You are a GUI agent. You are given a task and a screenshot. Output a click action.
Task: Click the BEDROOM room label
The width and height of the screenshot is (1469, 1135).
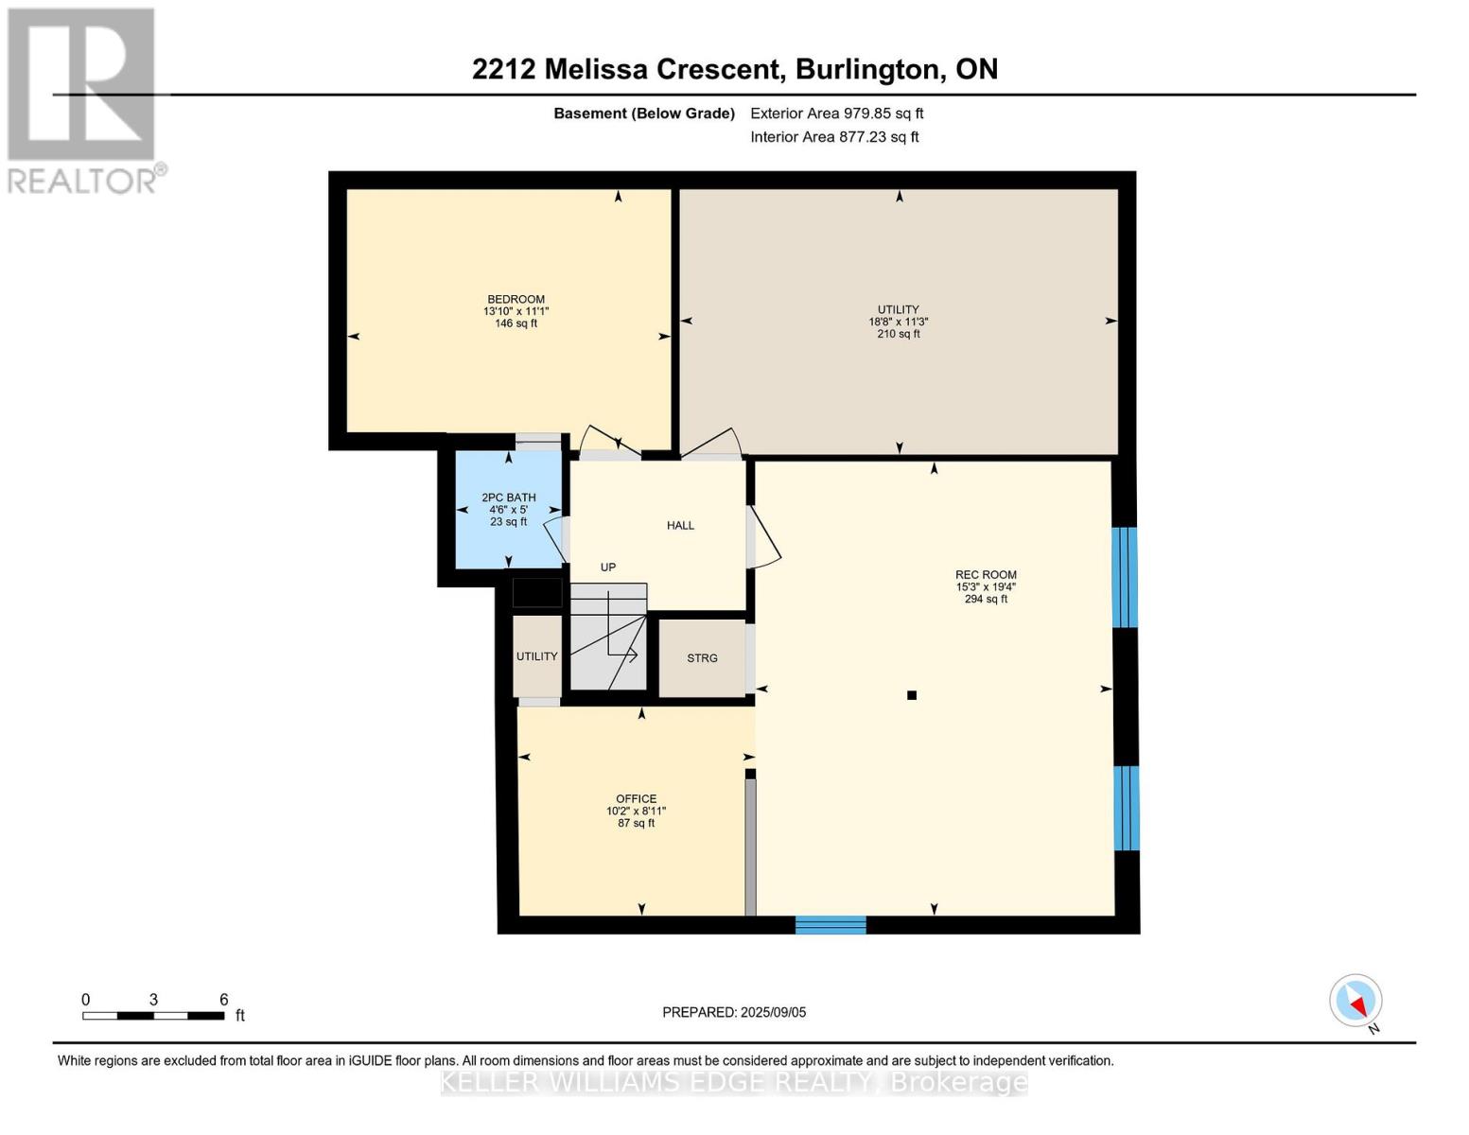coord(516,299)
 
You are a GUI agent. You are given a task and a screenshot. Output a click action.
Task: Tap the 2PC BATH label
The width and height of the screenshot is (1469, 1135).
coord(509,498)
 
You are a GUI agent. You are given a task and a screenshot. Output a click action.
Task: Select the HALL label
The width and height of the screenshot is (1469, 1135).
coord(680,526)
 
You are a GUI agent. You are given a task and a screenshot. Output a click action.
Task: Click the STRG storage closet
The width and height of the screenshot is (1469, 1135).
coord(702,658)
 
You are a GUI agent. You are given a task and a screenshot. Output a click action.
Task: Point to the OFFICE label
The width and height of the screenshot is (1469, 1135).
coord(636,799)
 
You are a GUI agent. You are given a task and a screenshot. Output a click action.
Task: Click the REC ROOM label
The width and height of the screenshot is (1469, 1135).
coord(986,575)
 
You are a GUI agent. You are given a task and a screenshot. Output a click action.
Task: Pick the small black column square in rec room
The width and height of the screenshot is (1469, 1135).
coord(912,695)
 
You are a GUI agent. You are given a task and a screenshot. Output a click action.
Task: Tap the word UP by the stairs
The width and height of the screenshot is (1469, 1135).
coord(608,567)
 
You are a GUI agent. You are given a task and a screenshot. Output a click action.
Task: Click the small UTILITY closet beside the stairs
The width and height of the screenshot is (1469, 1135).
coord(536,656)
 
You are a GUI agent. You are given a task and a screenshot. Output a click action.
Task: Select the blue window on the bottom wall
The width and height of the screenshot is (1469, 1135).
coord(831,924)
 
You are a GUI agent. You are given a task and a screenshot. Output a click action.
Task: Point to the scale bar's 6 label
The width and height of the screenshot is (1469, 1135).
coord(224,1000)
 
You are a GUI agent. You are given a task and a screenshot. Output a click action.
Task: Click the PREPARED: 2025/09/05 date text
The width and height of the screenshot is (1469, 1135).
coord(734,1012)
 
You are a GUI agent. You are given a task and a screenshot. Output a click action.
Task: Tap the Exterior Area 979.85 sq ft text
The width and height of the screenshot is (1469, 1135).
coord(836,113)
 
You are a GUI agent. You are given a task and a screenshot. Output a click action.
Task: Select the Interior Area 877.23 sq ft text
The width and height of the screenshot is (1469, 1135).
coord(834,137)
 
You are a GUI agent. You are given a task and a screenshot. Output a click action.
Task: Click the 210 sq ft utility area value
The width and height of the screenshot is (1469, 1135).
coord(898,334)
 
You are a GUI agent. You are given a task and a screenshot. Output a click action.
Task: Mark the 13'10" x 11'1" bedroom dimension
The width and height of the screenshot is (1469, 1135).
coord(516,311)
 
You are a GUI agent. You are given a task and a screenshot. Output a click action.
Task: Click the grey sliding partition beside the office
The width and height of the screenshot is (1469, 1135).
coord(750,847)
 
